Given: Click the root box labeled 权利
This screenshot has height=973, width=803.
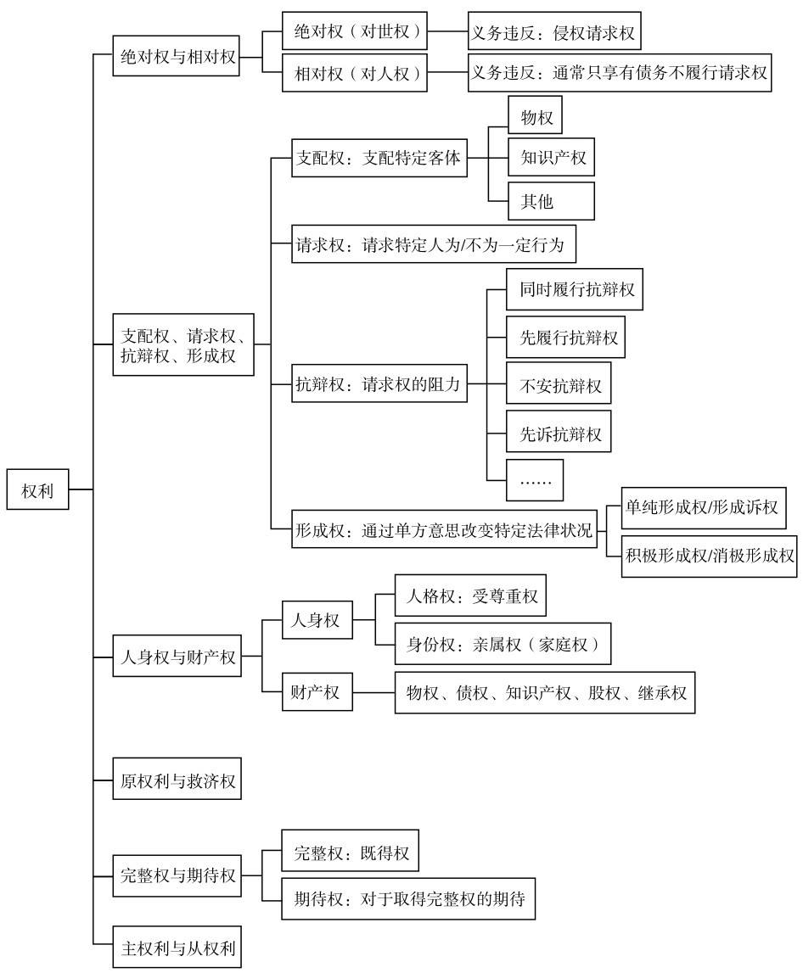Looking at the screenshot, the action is tap(37, 489).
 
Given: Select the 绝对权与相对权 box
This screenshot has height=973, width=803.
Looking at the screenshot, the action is tap(176, 57).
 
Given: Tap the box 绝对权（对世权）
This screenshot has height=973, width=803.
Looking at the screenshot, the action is tap(355, 31).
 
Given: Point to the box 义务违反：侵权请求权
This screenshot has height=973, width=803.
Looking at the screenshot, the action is tap(554, 31).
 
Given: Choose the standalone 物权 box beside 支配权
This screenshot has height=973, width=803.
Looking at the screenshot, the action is tap(535, 115).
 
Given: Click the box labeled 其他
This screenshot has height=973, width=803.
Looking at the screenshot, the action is tap(551, 200).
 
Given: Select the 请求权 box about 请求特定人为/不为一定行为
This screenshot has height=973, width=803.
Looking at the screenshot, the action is tap(434, 243).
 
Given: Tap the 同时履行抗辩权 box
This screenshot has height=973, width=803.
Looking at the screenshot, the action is tap(575, 289).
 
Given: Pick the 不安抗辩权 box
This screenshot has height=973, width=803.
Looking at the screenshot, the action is tap(559, 385).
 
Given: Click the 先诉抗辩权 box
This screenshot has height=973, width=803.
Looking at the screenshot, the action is tap(559, 433).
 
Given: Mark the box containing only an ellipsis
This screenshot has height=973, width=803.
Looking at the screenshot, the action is tap(535, 480).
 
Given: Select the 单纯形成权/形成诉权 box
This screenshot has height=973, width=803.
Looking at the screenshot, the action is tap(704, 507).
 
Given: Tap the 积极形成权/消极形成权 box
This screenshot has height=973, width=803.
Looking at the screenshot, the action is tap(710, 556).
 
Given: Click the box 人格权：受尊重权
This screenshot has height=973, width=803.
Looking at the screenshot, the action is tap(470, 596).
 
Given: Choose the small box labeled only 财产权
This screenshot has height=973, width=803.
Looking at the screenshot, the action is tap(317, 691).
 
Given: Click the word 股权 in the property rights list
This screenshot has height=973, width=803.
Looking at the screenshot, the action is tap(604, 692).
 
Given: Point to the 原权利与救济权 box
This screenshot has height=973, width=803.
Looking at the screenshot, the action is tap(177, 778).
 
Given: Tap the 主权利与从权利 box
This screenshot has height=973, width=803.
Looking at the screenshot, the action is tap(177, 947).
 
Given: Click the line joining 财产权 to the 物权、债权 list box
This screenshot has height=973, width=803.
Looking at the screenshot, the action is tap(373, 692).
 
